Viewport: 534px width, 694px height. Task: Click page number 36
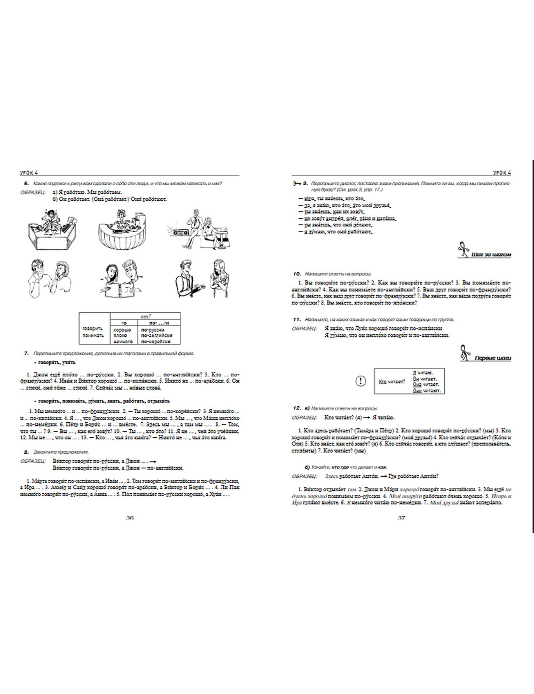point(129,518)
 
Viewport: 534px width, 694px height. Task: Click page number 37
point(402,518)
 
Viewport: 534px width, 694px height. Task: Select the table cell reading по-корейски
point(156,342)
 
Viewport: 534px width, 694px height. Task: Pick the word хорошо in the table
point(122,330)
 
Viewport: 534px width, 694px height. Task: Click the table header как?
point(145,316)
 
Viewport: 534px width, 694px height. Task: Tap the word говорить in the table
point(93,329)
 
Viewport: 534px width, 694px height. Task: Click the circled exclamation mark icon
point(361,381)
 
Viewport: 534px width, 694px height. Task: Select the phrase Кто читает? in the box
point(392,382)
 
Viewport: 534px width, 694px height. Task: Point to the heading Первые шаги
point(492,358)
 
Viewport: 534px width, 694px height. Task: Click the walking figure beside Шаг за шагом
point(463,250)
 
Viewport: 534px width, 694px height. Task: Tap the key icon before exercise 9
point(297,183)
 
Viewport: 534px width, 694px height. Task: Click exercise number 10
point(297,274)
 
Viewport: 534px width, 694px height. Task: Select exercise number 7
point(26,353)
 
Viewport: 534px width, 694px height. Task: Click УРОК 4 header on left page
point(29,172)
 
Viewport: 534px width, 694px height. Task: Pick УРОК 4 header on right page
point(501,172)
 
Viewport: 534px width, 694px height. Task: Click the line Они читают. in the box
point(425,391)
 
